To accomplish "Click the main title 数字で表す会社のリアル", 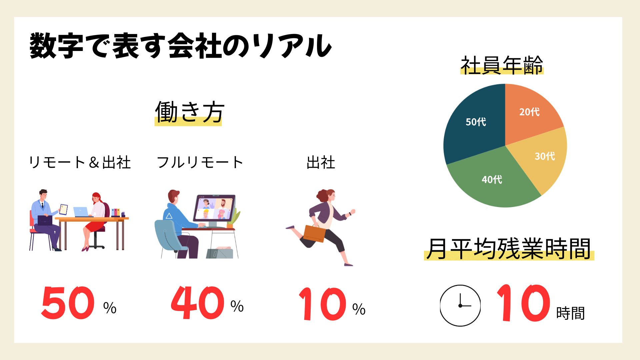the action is pos(180,46).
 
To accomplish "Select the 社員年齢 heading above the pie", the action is pos(502,65).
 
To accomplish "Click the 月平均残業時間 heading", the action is pos(509,248).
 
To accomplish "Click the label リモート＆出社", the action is pos(80,162).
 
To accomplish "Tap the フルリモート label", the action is pos(200,162).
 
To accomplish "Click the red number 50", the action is pos(68,303).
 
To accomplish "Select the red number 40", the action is pos(197,302).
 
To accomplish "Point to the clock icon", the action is pos(460,305).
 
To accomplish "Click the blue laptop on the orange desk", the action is pos(81,212).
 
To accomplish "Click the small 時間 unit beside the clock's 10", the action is pos(570,313).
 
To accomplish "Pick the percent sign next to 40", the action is pos(237,306).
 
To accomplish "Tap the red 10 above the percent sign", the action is pos(322,304).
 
